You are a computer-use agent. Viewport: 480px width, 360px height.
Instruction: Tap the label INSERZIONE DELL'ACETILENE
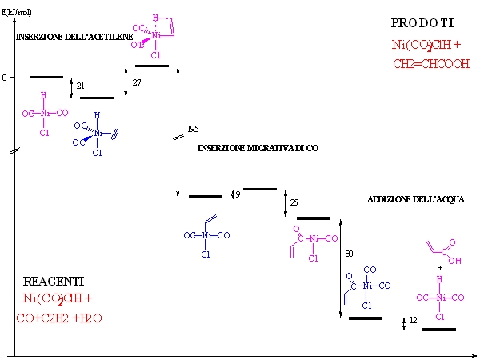(x=75, y=37)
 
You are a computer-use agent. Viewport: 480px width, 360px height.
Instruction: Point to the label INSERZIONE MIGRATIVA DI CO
(x=254, y=147)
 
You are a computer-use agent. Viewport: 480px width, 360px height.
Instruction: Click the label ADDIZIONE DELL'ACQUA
(x=415, y=199)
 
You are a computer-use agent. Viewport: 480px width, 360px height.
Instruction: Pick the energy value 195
(x=193, y=129)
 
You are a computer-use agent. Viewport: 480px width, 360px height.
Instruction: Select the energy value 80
(x=349, y=254)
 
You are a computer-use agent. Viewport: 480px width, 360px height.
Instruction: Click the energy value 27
(x=137, y=82)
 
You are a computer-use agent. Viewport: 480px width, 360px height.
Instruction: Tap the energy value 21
(x=80, y=85)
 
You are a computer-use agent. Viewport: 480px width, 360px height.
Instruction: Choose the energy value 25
(x=294, y=202)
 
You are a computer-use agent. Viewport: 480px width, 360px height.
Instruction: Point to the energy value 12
(x=414, y=320)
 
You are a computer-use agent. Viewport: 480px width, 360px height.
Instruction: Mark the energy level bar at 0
(x=46, y=77)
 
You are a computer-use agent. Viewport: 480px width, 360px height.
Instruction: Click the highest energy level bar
(x=152, y=66)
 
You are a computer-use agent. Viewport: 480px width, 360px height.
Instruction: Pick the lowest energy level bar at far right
(x=438, y=329)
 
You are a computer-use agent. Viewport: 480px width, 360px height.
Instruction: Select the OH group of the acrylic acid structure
(x=454, y=260)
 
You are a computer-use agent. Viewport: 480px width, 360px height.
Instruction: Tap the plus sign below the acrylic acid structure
(x=439, y=268)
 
